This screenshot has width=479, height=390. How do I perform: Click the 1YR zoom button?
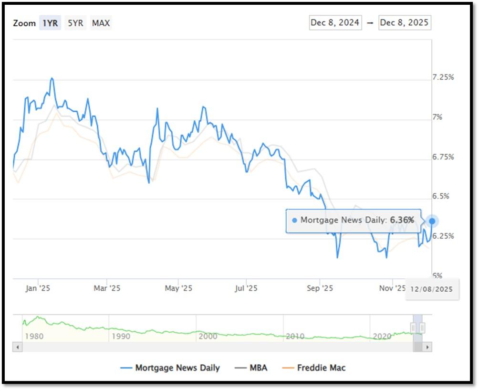(x=50, y=23)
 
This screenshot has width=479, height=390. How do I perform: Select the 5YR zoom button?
(x=75, y=23)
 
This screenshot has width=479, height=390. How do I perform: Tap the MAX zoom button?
(x=101, y=23)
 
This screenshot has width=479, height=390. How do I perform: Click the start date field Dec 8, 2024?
(x=335, y=22)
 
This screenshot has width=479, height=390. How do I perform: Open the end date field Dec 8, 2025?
(x=405, y=22)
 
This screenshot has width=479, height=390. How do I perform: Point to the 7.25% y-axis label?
(x=443, y=77)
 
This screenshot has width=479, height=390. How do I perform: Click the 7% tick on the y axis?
(x=437, y=117)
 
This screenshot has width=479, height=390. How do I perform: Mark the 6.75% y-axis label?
(x=443, y=157)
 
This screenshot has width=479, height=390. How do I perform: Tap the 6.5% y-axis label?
(x=440, y=196)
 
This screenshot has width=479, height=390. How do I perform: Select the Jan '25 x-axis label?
(x=38, y=288)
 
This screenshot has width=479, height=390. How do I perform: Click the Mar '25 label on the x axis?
(x=107, y=288)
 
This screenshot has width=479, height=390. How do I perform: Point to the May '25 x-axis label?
(x=178, y=288)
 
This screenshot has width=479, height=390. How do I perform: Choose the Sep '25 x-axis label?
(x=320, y=288)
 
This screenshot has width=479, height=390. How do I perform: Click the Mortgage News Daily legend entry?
(x=170, y=368)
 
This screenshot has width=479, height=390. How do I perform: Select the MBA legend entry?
(x=251, y=368)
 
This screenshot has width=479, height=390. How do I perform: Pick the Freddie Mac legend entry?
(x=314, y=368)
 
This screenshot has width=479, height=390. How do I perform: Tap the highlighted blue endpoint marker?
(x=432, y=221)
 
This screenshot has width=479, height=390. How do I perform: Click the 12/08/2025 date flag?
(x=432, y=289)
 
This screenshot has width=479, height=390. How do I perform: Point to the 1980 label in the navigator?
(x=34, y=336)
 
